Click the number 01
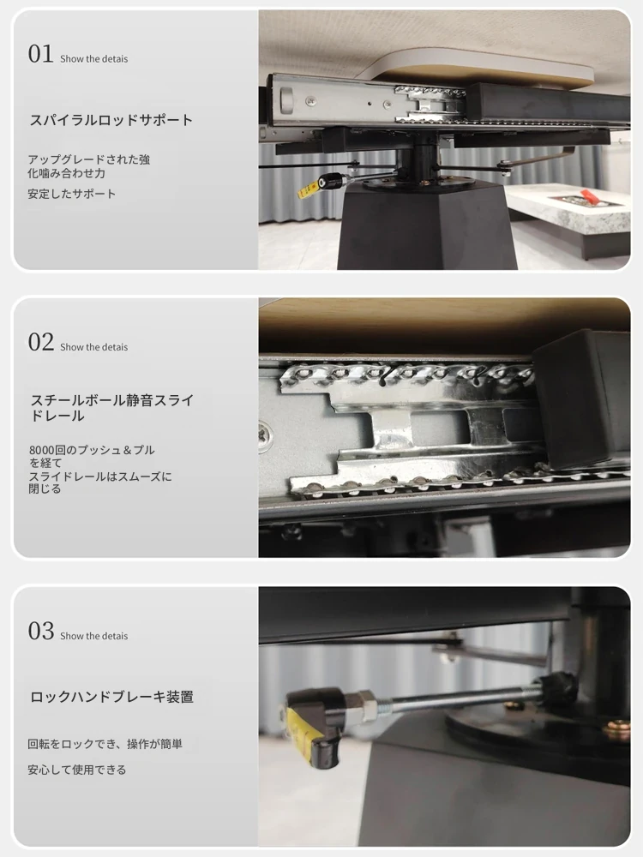click(x=40, y=54)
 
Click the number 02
click(x=41, y=342)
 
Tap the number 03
click(x=41, y=631)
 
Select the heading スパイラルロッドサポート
click(x=111, y=120)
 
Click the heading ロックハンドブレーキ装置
click(x=111, y=697)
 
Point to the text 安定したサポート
click(x=72, y=194)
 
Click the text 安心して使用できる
click(x=77, y=770)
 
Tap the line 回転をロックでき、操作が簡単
click(x=105, y=744)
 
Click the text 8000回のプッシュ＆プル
click(x=92, y=450)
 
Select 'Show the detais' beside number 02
click(x=94, y=347)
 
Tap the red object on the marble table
click(x=588, y=195)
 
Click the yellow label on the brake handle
click(x=302, y=726)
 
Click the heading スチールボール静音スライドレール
click(x=111, y=408)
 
